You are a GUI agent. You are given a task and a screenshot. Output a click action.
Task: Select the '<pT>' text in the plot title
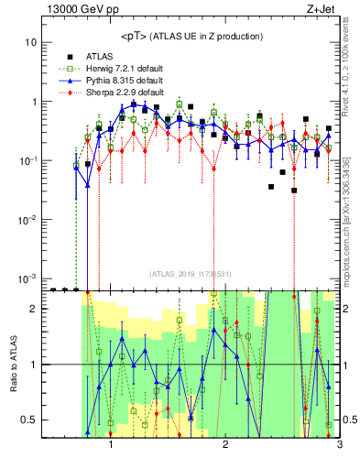(x=135, y=36)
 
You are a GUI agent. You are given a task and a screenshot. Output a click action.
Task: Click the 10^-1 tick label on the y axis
(x=27, y=160)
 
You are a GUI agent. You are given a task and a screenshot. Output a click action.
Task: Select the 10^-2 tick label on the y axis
(x=27, y=220)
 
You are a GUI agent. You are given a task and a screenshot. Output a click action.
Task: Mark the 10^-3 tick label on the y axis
(x=27, y=278)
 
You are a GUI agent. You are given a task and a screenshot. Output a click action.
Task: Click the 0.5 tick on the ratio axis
(x=30, y=420)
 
